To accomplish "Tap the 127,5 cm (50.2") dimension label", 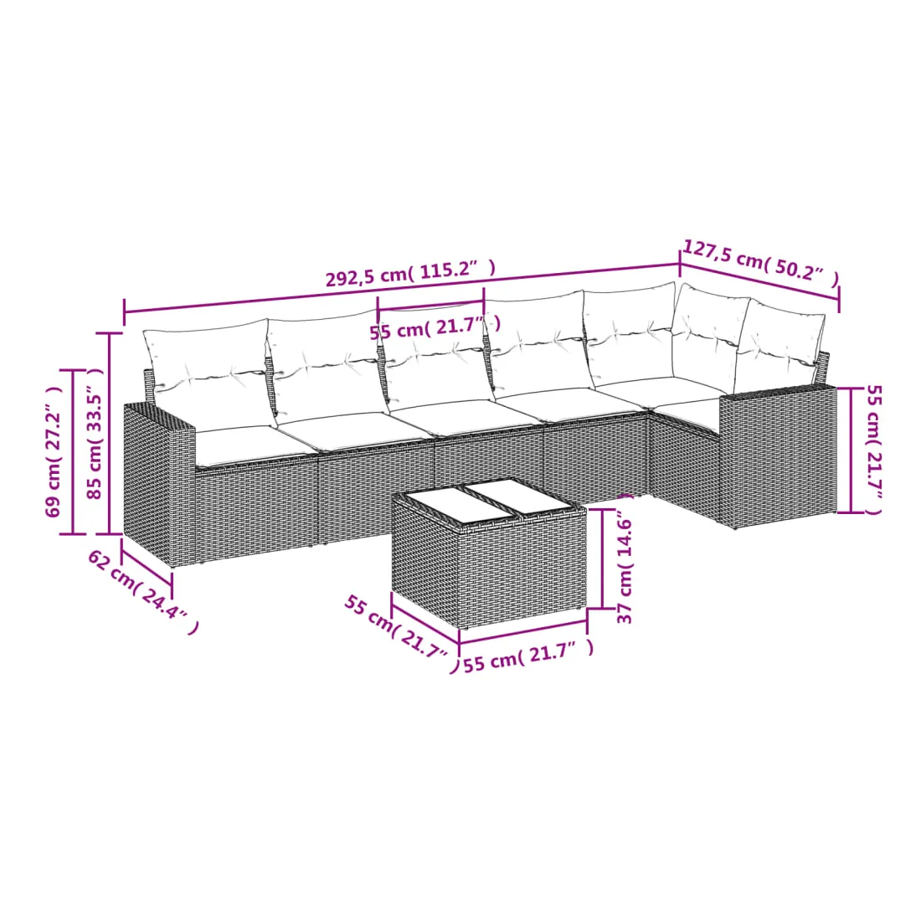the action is click(761, 263).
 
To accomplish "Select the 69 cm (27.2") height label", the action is click(54, 450).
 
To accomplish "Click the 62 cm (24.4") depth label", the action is click(142, 591).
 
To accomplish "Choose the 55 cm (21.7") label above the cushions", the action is click(435, 327).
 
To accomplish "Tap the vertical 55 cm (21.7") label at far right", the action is click(873, 450).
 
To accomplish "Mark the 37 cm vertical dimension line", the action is click(602, 558).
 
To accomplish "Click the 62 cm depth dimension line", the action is click(147, 563).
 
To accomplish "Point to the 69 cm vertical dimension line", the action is click(73, 451).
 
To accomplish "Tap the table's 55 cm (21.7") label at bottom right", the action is click(528, 656).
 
